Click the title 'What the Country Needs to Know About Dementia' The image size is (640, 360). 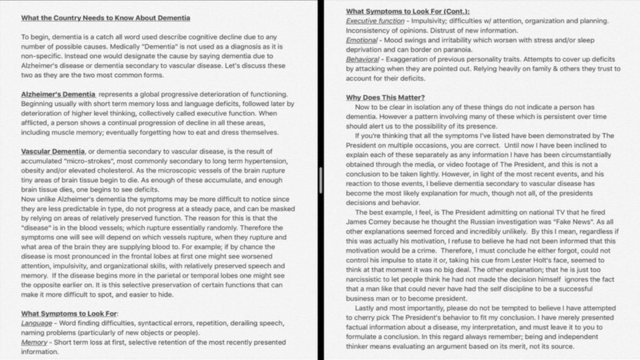pos(106,18)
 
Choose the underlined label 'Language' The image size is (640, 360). pos(37,324)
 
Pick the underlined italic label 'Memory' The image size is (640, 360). pos(34,343)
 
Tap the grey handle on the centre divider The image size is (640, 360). pos(321,175)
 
